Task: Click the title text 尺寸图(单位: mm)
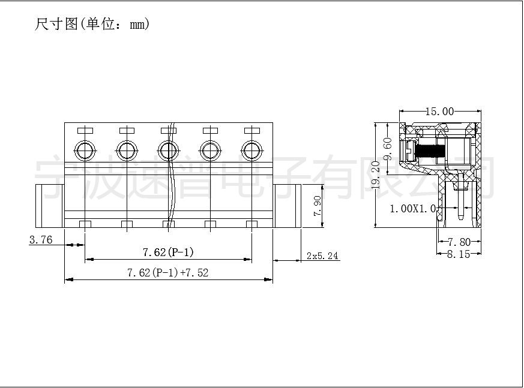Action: coord(92,24)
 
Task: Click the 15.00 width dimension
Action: coord(439,111)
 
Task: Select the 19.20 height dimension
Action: coord(376,175)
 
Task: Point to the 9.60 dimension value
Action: coord(388,148)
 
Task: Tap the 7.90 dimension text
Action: coord(317,206)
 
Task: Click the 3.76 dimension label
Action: coord(41,239)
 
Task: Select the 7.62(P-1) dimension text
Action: coord(168,252)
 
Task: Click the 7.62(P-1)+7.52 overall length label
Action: coord(167,273)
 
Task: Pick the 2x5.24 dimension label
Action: coord(322,256)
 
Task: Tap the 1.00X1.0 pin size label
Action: coord(413,209)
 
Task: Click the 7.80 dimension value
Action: coord(459,242)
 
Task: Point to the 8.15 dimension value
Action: coord(459,254)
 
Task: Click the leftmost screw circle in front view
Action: coord(85,151)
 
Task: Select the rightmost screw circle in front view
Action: coord(251,151)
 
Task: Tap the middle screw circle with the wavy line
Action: coord(168,151)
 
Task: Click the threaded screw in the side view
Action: coord(429,151)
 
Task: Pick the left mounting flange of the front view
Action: coord(50,206)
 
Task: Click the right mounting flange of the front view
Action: coord(287,206)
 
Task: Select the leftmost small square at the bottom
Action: coord(85,224)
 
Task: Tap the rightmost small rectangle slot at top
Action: coord(252,131)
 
